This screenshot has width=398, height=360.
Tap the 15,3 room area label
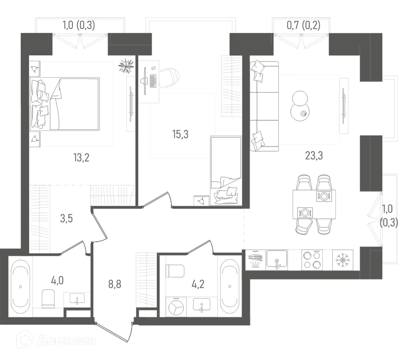pyautogui.click(x=180, y=134)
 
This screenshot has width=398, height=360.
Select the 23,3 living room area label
pyautogui.click(x=314, y=156)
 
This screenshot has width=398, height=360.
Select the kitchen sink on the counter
pyautogui.click(x=277, y=260)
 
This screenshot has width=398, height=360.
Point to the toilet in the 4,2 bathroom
pyautogui.click(x=175, y=271)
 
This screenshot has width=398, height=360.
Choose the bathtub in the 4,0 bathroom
pyautogui.click(x=21, y=287)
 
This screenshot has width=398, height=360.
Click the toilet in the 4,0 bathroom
pyautogui.click(x=48, y=299)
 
